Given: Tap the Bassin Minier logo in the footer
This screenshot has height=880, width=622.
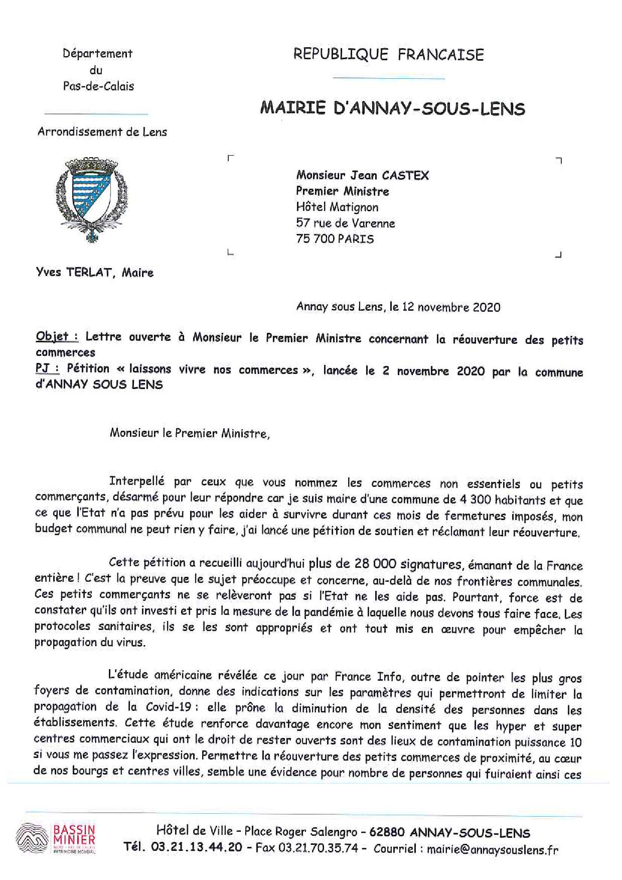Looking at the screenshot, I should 56,838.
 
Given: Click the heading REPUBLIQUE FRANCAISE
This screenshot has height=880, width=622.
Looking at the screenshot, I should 388,54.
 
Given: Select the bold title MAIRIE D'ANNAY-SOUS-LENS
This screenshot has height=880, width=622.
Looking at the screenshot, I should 392,108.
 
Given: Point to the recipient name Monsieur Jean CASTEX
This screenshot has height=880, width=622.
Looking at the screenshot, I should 362,175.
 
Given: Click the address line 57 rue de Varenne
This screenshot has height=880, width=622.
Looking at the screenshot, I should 345,223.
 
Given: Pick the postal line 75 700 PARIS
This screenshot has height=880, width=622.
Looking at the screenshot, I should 335,239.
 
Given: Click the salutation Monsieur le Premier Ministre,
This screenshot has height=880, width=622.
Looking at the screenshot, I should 190,433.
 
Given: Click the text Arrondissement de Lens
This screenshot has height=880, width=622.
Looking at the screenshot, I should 102,132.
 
